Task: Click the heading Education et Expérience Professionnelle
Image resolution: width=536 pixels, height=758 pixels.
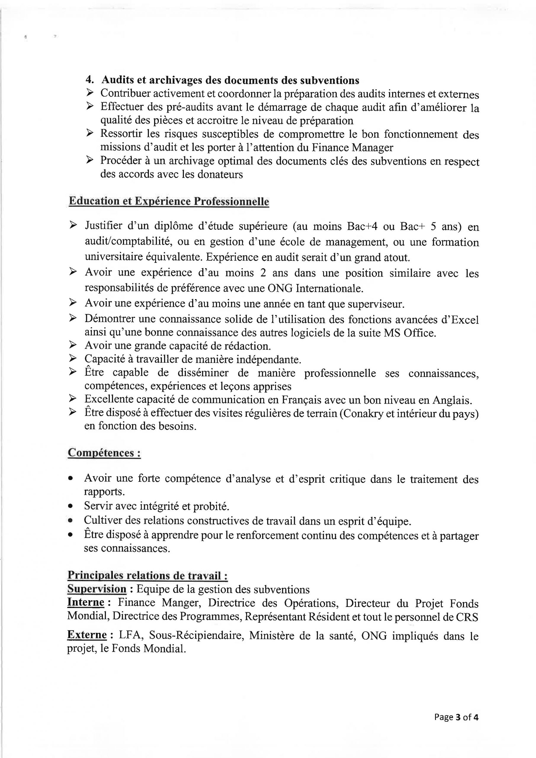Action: click(168, 201)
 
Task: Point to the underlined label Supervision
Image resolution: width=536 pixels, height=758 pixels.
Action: click(97, 589)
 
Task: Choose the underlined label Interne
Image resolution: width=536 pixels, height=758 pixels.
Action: click(86, 603)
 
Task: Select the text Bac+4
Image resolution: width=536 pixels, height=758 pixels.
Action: click(362, 227)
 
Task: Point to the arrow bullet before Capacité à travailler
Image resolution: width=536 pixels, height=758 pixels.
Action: click(72, 358)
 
